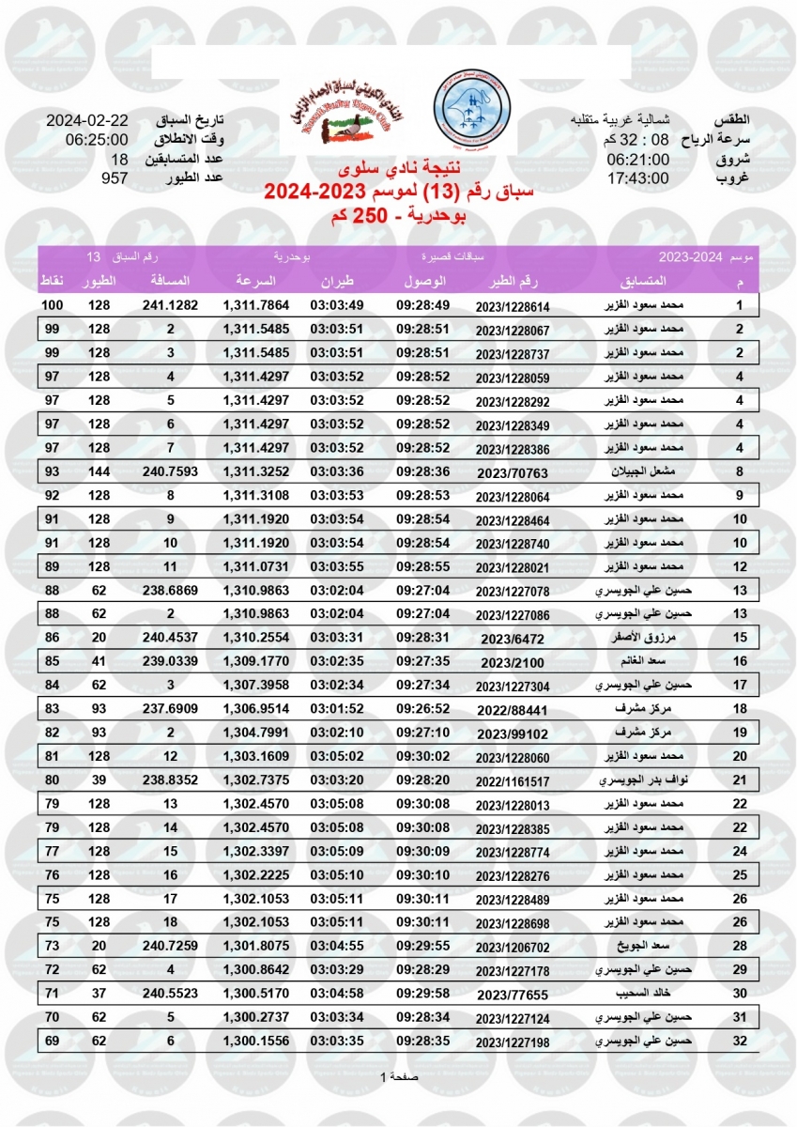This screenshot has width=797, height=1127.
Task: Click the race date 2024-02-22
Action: coord(87,122)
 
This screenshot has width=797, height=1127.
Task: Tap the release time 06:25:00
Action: coord(87,141)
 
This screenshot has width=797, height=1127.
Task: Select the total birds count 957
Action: coord(114,178)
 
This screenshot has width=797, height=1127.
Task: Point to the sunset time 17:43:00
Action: coord(637,178)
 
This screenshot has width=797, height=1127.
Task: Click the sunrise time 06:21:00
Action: coord(637,160)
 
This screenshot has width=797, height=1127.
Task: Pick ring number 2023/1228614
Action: coord(512,307)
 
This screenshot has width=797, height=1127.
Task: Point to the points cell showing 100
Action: coord(53,305)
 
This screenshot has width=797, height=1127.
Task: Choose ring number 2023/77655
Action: coord(512,993)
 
